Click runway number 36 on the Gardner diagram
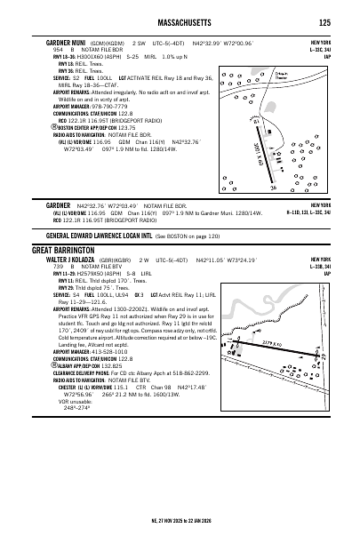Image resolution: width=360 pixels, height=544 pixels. (x=273, y=188)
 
